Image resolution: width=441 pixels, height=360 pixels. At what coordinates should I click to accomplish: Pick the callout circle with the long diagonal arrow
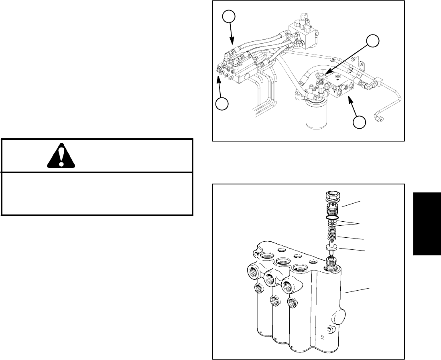373,40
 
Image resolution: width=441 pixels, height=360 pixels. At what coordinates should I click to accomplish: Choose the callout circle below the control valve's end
222,104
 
